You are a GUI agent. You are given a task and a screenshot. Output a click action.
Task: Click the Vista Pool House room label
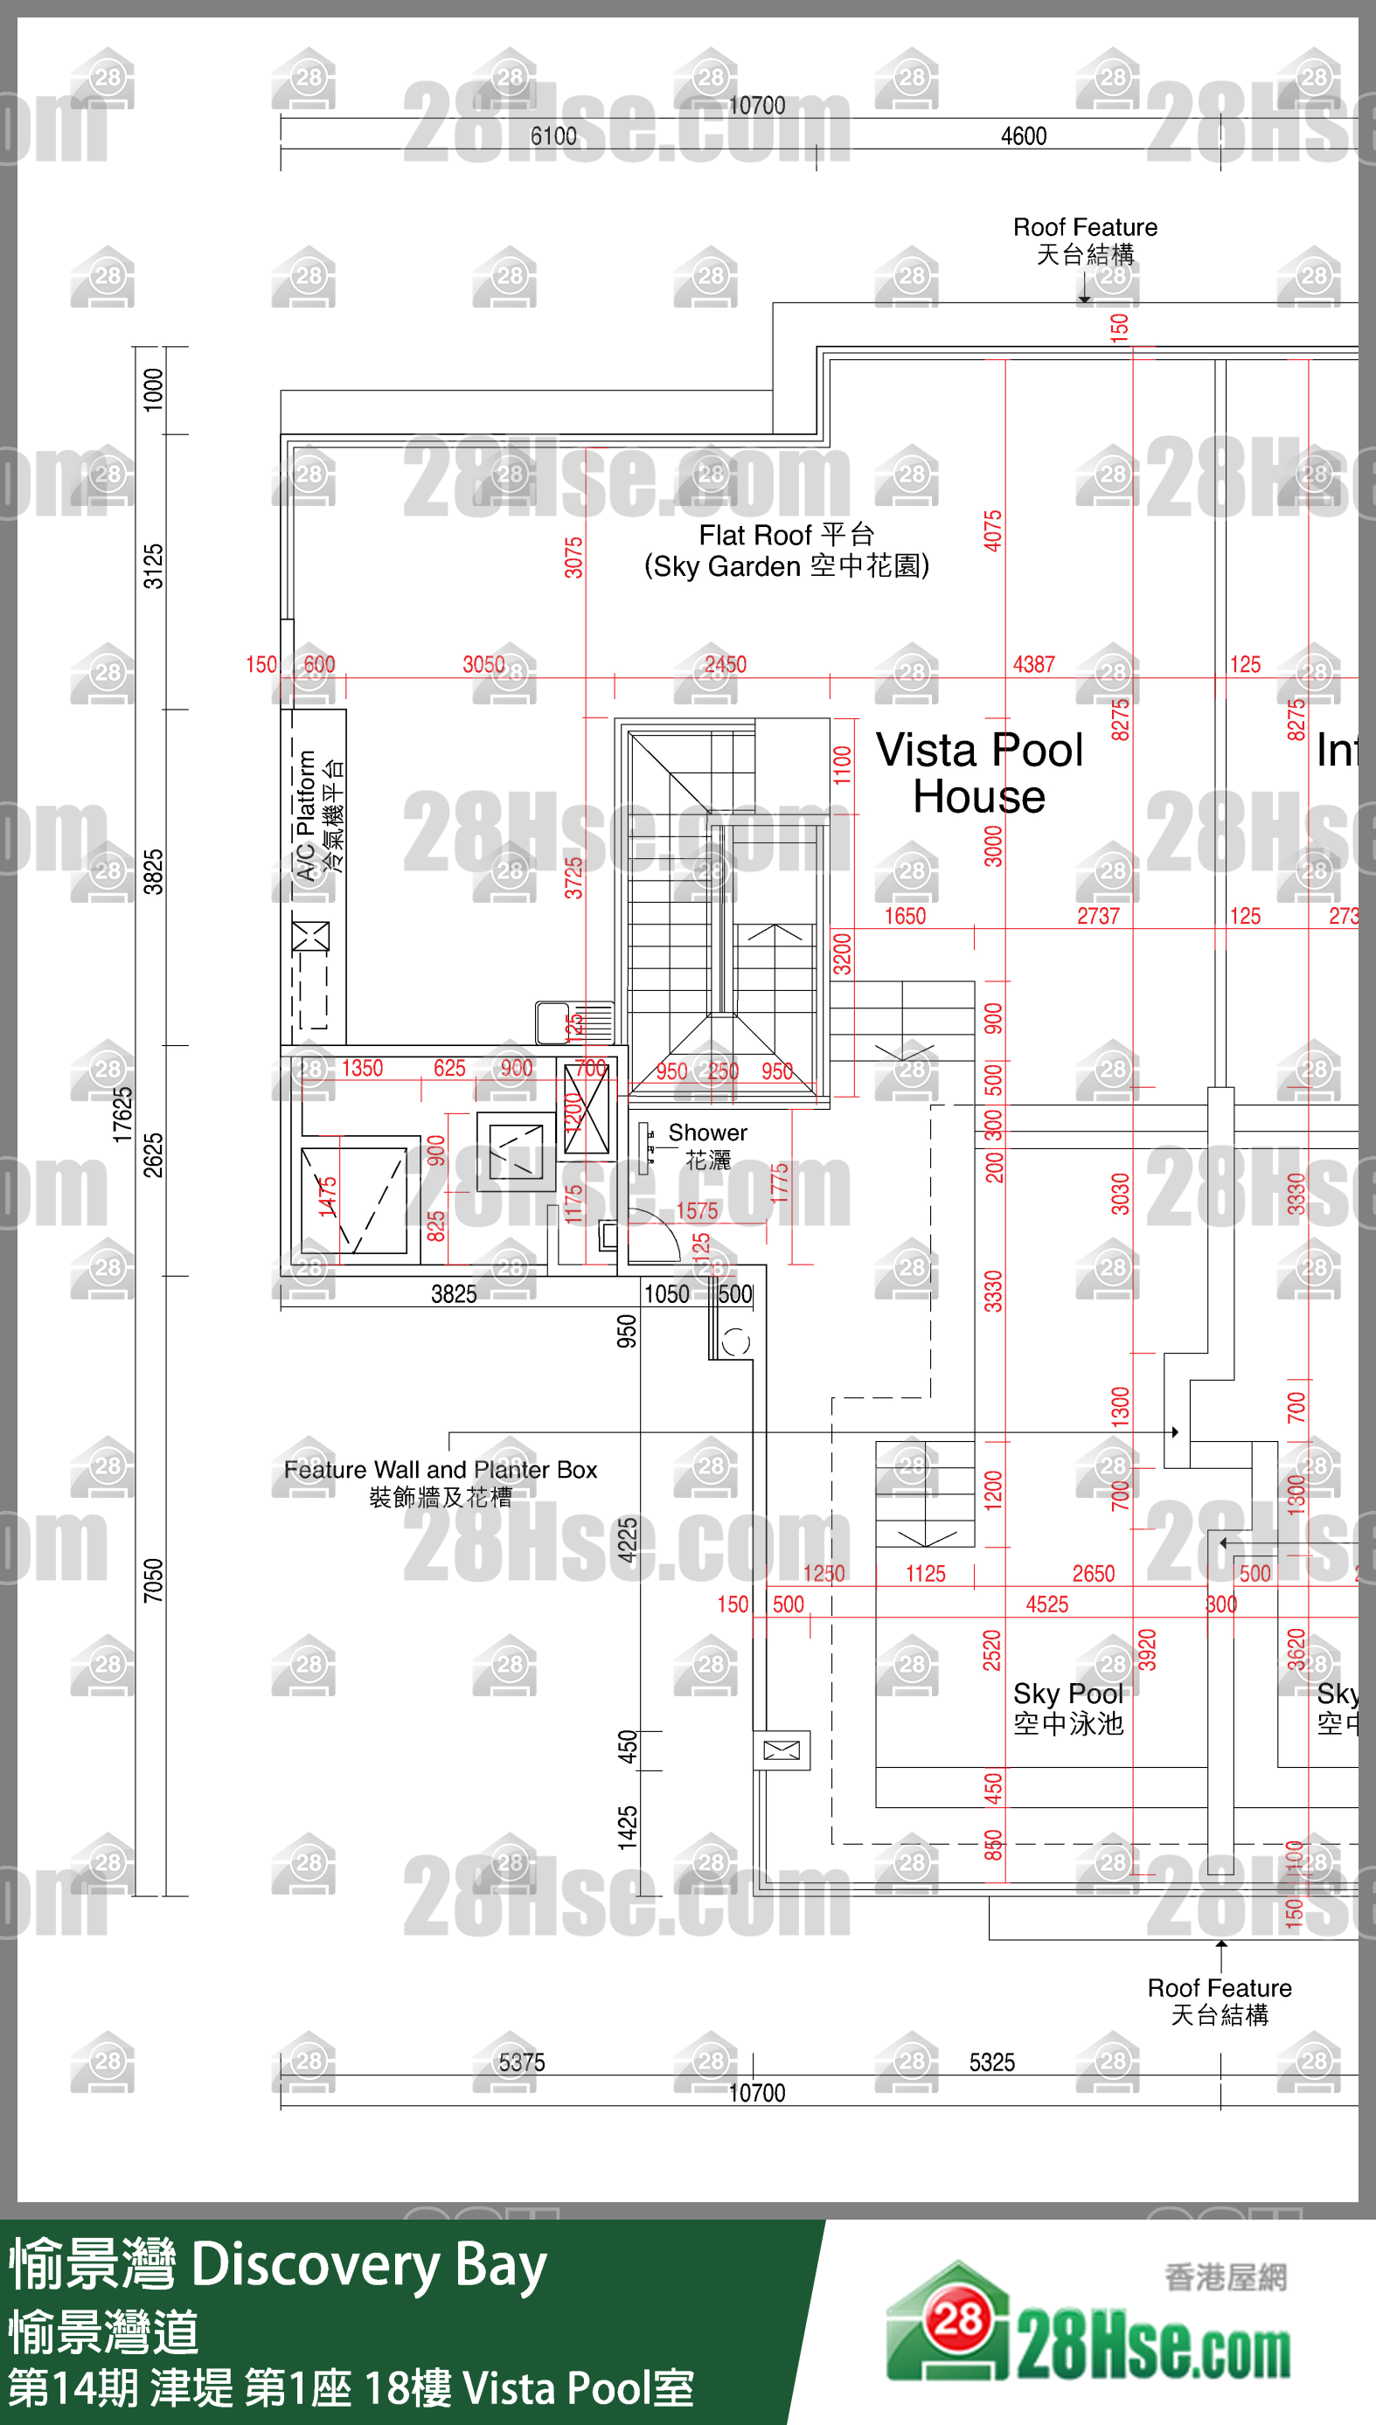pos(979,773)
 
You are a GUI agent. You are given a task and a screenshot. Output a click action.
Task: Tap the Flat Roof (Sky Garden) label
pos(786,551)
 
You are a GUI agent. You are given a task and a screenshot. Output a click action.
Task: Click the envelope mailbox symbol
pos(781,1750)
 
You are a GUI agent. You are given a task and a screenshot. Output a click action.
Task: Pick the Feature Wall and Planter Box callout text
pos(441,1482)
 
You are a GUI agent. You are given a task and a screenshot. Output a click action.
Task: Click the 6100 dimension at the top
pos(552,136)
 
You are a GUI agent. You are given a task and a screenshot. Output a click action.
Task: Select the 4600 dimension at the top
pos(1024,136)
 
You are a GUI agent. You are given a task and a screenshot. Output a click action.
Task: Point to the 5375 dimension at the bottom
pos(522,2062)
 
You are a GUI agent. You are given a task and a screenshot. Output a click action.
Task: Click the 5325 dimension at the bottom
pos(991,2062)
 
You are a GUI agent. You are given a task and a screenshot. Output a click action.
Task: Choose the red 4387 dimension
pos(1033,664)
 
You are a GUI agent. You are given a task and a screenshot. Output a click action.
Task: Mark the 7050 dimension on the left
pos(153,1581)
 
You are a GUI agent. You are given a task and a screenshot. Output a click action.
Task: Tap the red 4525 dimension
pos(1046,1604)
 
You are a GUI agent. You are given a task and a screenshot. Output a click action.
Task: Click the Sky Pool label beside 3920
pos(1068,1708)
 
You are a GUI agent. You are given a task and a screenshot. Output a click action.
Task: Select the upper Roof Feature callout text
pos(1085,240)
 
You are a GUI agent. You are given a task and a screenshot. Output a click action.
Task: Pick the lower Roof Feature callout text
pos(1220,2001)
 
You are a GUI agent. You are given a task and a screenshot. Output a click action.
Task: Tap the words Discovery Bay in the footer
pos(369,2265)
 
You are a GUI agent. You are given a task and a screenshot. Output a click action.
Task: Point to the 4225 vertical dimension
pos(627,1540)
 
